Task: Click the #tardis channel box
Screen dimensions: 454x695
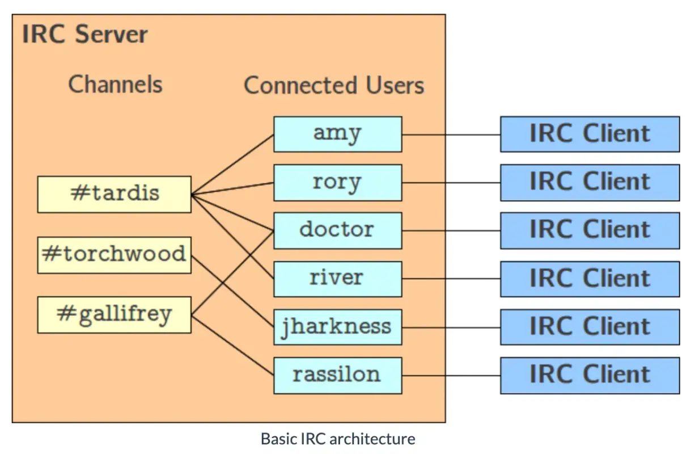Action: coord(114,194)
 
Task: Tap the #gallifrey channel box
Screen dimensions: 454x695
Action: coord(114,314)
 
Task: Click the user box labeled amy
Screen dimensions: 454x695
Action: coord(337,134)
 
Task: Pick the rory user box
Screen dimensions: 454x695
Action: coord(337,183)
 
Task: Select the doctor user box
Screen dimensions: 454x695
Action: coord(337,230)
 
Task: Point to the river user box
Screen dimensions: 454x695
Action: coord(337,279)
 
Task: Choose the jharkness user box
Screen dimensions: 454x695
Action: coord(337,327)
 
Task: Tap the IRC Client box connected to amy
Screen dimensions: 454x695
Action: coord(590,134)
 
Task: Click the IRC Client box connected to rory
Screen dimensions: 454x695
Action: coord(590,183)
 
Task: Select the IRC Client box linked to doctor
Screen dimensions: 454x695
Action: coord(590,230)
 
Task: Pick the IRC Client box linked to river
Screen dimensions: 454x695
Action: coord(590,279)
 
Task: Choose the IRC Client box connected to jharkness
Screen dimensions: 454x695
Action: coord(590,327)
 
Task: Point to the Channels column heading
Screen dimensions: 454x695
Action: coord(115,85)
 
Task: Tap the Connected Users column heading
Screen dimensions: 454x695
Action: coord(334,86)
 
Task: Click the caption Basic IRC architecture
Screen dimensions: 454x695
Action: coord(338,439)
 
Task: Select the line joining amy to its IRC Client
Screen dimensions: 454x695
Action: coord(451,134)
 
